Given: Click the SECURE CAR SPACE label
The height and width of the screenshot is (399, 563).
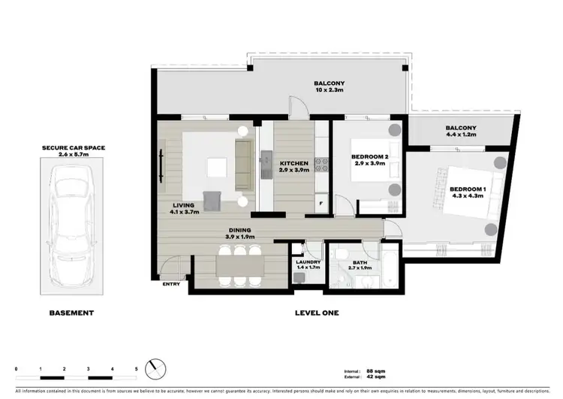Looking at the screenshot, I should [x=74, y=148].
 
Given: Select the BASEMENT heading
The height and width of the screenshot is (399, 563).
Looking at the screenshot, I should [x=71, y=312].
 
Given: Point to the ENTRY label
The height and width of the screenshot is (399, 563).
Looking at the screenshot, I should [x=171, y=284].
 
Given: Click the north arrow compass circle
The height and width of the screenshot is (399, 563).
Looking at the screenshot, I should [x=158, y=369].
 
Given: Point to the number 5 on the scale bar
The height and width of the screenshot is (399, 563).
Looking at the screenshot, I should [x=136, y=369].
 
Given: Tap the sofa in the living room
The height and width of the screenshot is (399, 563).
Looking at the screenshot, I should [x=244, y=165].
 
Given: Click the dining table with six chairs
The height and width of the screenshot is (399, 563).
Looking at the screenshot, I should [x=240, y=266].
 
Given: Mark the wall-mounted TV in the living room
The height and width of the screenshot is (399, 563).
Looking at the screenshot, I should [x=162, y=163].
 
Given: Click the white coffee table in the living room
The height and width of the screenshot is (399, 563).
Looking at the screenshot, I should [x=216, y=166].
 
